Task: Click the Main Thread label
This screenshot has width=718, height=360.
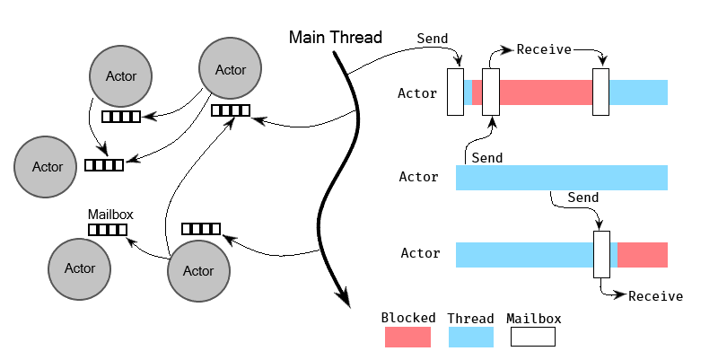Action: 335,38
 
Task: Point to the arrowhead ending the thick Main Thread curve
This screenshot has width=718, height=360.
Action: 344,300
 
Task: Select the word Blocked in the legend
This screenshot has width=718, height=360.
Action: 408,318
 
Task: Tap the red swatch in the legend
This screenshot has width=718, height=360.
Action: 407,337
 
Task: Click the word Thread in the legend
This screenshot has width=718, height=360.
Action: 470,318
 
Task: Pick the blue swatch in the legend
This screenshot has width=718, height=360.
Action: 470,337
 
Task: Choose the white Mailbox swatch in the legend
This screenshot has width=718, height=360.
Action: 532,337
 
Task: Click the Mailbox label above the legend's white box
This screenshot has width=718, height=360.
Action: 533,318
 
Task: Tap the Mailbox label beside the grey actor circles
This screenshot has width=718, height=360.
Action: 109,215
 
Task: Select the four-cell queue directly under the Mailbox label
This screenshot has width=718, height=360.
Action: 107,230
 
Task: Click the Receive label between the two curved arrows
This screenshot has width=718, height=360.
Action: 543,49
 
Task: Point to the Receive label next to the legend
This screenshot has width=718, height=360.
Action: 655,296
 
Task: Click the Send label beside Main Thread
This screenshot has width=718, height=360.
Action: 433,39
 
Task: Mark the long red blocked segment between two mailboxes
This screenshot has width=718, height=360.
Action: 546,92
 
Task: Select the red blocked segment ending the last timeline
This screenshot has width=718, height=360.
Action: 643,255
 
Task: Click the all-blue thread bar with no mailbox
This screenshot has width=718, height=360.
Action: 561,178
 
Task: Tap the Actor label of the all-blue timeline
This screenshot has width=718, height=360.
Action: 418,178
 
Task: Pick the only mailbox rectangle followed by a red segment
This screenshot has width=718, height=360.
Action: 601,254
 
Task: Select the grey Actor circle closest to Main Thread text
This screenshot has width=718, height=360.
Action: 230,69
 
